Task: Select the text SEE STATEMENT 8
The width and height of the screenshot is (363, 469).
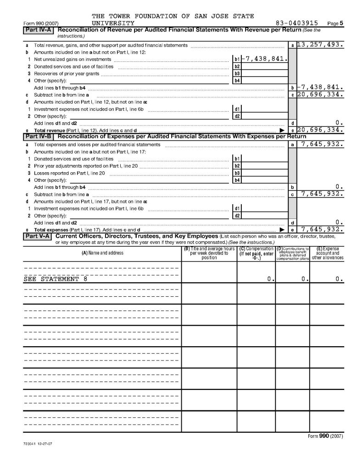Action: (55, 278)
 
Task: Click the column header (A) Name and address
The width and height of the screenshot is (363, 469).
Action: (102, 253)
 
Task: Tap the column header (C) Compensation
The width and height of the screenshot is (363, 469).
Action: (256, 253)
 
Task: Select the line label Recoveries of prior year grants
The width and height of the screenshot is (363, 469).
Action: (67, 73)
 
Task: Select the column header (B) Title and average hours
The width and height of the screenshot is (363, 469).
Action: (209, 253)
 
